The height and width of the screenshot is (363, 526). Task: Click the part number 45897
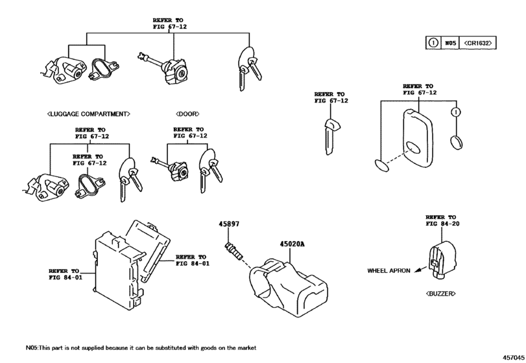(x=230, y=224)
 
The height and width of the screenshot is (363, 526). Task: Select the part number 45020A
(x=292, y=244)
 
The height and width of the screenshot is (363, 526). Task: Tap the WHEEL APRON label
(x=389, y=270)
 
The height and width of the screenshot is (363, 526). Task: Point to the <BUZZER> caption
(x=440, y=294)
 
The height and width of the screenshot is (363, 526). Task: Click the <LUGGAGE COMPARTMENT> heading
(x=88, y=114)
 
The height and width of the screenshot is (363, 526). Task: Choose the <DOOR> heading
(x=187, y=114)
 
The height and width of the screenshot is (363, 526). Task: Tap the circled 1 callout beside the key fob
(x=457, y=112)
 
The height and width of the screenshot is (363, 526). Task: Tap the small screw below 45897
(x=234, y=250)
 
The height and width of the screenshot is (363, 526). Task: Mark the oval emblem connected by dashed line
(x=383, y=163)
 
